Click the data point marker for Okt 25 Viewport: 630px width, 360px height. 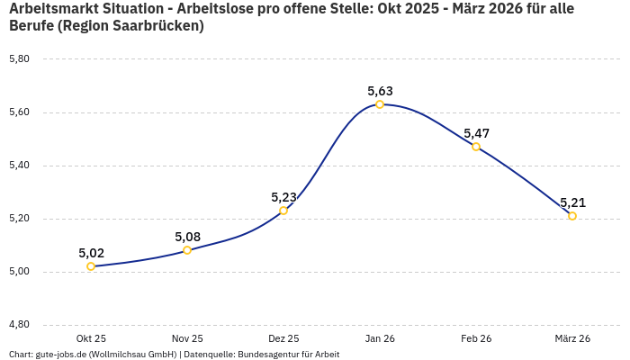(91, 266)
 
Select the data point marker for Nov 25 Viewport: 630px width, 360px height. (187, 250)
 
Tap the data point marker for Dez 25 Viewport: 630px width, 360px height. (283, 211)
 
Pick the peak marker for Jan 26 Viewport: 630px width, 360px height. (380, 104)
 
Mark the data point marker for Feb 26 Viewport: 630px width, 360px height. (476, 147)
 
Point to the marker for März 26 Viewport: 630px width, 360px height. (572, 216)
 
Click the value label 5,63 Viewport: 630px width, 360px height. (380, 91)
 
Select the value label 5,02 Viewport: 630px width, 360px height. (91, 253)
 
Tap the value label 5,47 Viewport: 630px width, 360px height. (476, 133)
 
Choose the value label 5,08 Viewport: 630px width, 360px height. (187, 237)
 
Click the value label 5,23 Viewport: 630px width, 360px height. (283, 197)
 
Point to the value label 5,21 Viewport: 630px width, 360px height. (572, 202)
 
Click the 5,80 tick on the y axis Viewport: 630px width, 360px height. (19, 59)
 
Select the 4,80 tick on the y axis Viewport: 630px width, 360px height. (19, 325)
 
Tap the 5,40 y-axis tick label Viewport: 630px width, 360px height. (19, 166)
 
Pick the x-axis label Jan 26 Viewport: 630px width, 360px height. (380, 338)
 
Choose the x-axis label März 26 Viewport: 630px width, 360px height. (572, 338)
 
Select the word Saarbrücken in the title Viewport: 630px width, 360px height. (157, 26)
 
